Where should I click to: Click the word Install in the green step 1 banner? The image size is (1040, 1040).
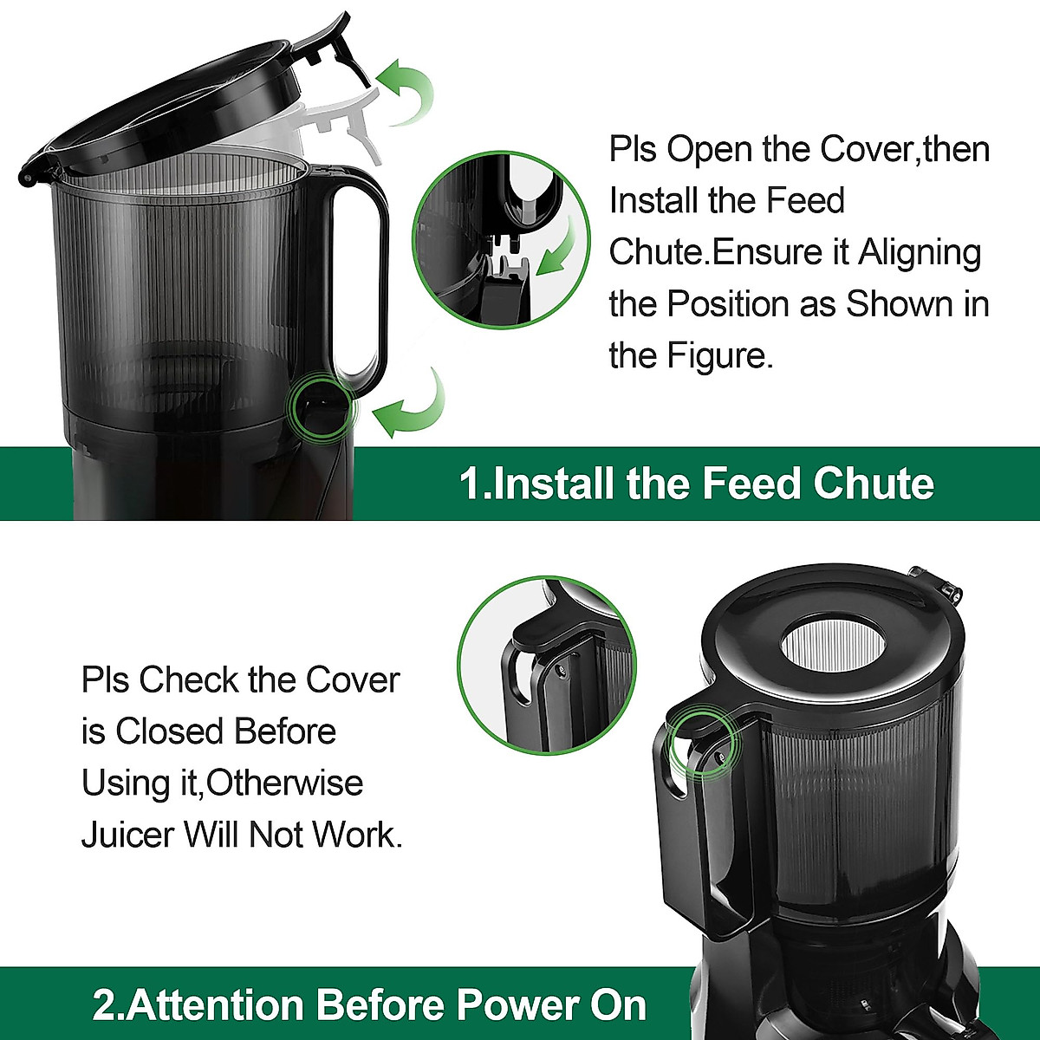point(556,484)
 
